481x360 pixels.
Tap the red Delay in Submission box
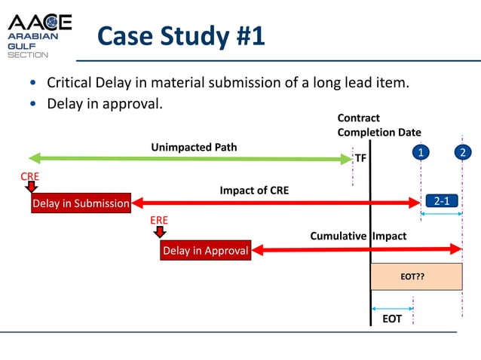[x=81, y=203]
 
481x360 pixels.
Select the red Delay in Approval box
[x=205, y=251]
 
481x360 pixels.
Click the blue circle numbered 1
[x=421, y=153]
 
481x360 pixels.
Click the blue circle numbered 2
[x=461, y=153]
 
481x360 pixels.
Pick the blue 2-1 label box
[x=441, y=200]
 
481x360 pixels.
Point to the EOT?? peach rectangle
[x=416, y=276]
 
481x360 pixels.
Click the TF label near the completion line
[x=360, y=159]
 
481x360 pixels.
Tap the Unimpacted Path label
[x=194, y=147]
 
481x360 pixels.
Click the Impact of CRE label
[x=254, y=191]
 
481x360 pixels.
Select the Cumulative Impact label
[x=358, y=236]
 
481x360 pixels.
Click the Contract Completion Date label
[x=378, y=125]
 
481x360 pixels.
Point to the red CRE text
[x=29, y=176]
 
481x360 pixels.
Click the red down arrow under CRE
[x=30, y=188]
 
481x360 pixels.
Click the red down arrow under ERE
[x=160, y=232]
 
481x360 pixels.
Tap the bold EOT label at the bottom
[x=392, y=319]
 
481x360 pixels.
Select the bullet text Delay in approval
[x=105, y=103]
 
